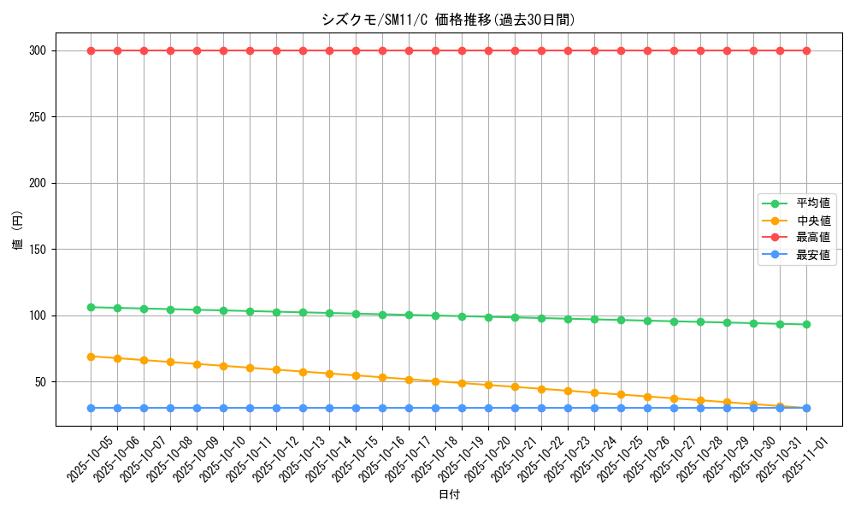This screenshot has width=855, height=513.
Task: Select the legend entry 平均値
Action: tap(813, 203)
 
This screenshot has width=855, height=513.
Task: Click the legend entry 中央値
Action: tap(813, 221)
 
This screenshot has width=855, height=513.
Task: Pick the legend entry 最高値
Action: tap(813, 238)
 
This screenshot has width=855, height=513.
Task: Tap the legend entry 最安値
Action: tap(813, 255)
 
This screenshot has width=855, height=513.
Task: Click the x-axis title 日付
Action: tap(449, 495)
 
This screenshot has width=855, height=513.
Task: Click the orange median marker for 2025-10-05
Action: tap(91, 357)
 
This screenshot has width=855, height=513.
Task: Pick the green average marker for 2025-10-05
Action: tap(91, 307)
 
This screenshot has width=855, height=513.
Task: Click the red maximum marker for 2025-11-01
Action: tap(806, 50)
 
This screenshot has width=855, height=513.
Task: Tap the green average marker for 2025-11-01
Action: tap(806, 324)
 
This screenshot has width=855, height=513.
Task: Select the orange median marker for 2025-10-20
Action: tap(488, 385)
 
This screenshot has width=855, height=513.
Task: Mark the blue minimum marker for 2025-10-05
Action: tap(91, 408)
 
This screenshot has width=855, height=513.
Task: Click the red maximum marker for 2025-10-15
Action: tap(356, 50)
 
